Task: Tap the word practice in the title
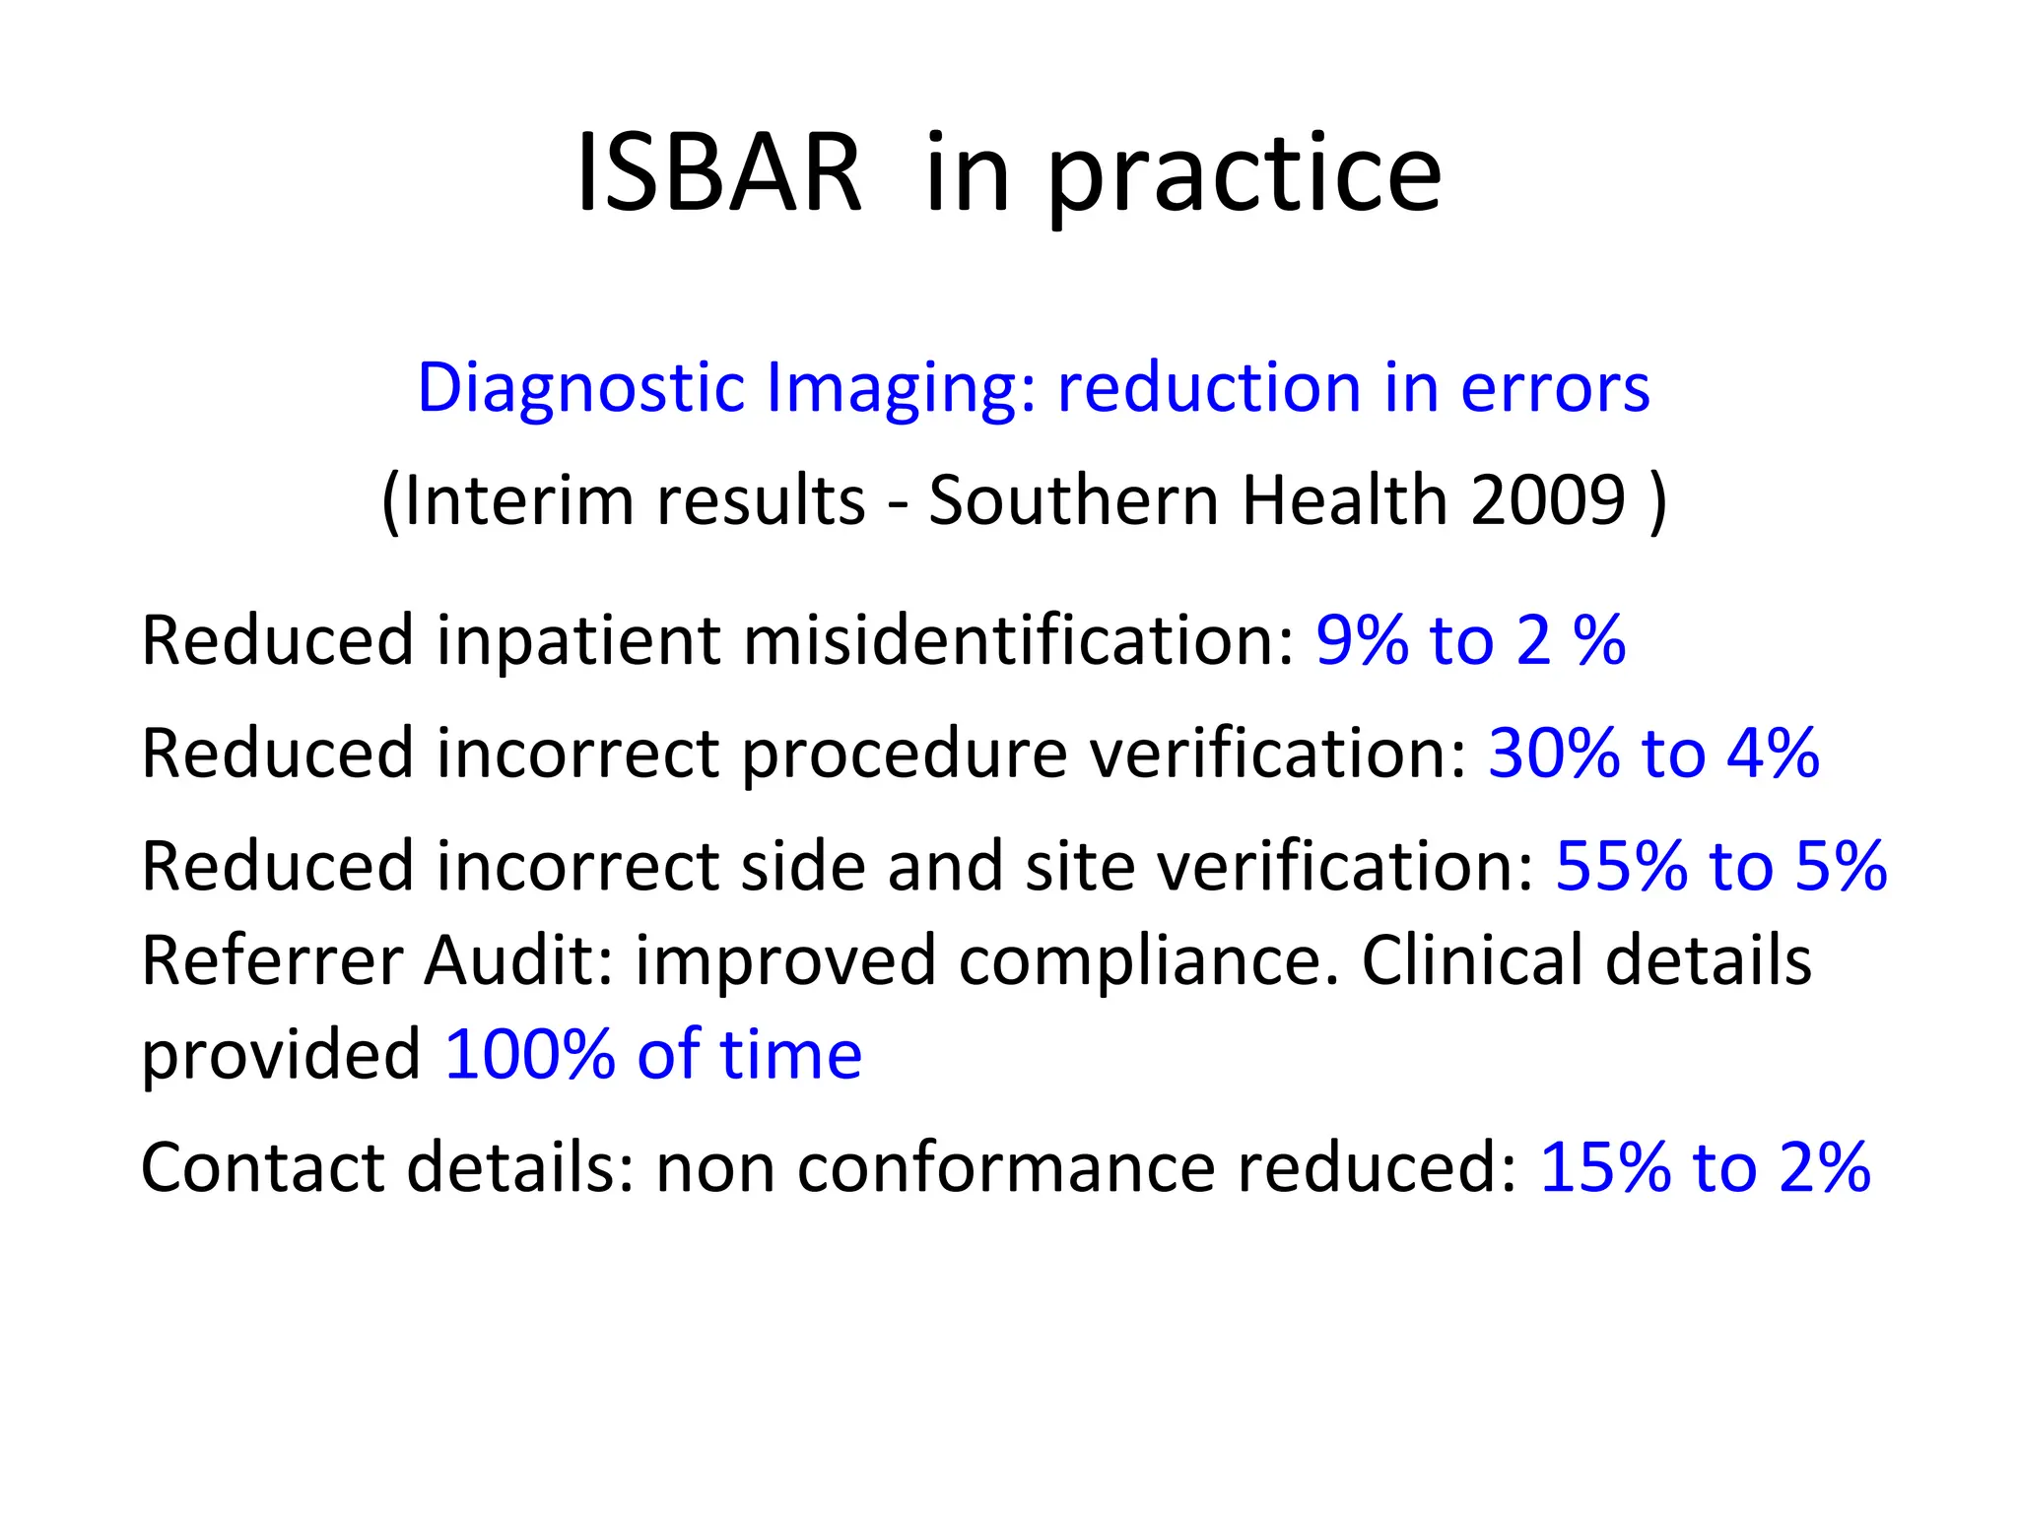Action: pyautogui.click(x=1244, y=177)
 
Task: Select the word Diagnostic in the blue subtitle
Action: pyautogui.click(x=580, y=389)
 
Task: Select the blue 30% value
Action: pyautogui.click(x=1553, y=754)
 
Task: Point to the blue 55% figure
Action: pyautogui.click(x=1620, y=867)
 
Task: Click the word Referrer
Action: pyautogui.click(x=272, y=960)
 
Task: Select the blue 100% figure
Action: pyautogui.click(x=530, y=1055)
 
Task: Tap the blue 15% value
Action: pyautogui.click(x=1605, y=1167)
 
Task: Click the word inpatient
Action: pyautogui.click(x=578, y=642)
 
